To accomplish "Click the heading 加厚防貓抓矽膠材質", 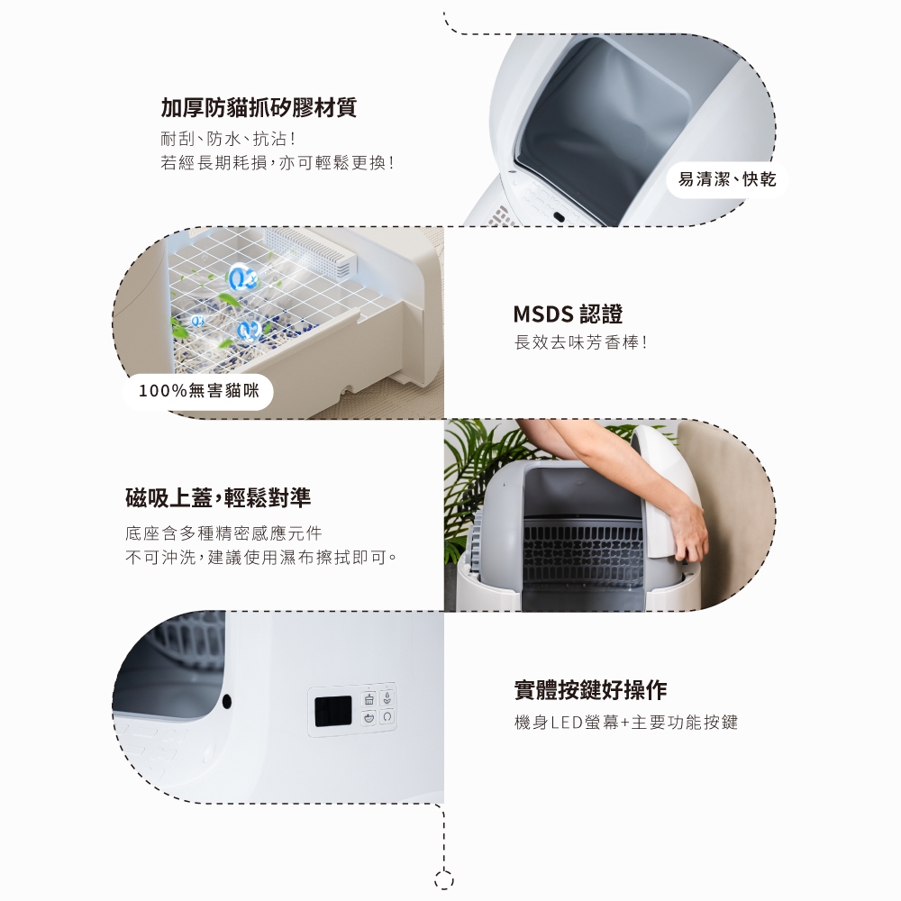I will [x=259, y=108].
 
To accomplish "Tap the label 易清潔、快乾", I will [x=726, y=179].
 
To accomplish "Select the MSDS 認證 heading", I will [x=568, y=314].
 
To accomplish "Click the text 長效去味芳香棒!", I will [x=580, y=343].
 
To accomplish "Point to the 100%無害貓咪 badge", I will [x=198, y=391].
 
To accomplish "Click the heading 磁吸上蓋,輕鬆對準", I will [x=218, y=496].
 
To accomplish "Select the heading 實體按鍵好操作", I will [x=590, y=690].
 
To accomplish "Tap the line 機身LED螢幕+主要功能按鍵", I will [x=625, y=722].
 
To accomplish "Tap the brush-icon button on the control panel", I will [x=368, y=700].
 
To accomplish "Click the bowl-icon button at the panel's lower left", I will [x=368, y=718].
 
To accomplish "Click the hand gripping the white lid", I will [x=689, y=532].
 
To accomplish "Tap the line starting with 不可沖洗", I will [x=261, y=558].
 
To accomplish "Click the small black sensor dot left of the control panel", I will [x=226, y=700].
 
